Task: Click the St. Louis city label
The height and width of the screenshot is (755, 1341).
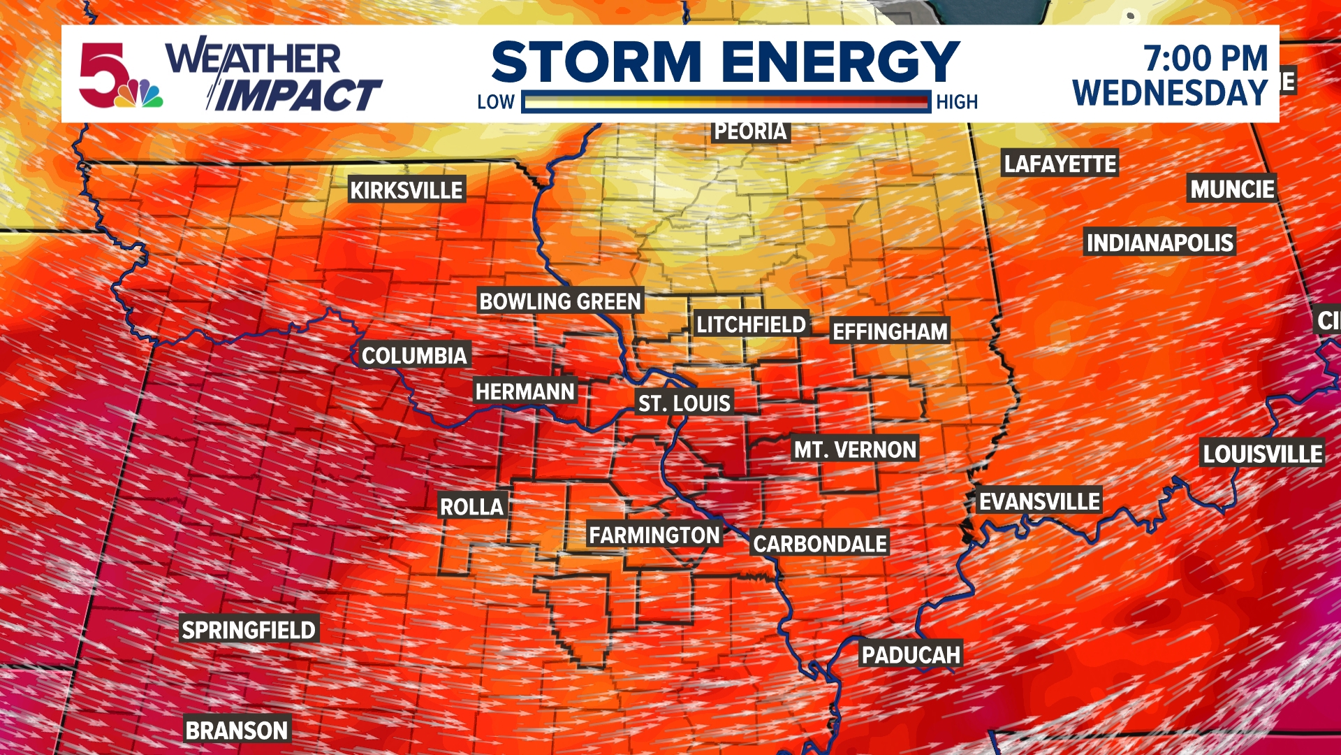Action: [x=684, y=403]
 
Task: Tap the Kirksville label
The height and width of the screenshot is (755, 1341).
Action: [x=406, y=190]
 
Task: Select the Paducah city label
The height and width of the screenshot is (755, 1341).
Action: [x=911, y=655]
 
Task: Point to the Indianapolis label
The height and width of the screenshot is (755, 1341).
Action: [x=1159, y=243]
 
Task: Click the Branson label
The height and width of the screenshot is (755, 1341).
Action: [x=237, y=731]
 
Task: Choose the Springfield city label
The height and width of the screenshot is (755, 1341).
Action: [x=249, y=630]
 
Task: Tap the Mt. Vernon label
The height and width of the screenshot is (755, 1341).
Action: [x=855, y=450]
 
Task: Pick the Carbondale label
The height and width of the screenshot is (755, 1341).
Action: [x=820, y=544]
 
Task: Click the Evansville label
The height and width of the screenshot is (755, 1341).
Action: [x=1039, y=501]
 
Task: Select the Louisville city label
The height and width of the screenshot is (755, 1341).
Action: [x=1262, y=454]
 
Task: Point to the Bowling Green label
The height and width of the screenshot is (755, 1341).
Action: [x=559, y=301]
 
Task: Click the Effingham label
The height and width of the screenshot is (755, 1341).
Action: [x=890, y=331]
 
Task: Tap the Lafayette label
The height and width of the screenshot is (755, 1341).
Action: [x=1060, y=164]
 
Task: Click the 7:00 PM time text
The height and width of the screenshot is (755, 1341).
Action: [x=1205, y=58]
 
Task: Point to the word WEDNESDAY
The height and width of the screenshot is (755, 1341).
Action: [x=1170, y=93]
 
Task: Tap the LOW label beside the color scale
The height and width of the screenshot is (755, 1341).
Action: [x=496, y=102]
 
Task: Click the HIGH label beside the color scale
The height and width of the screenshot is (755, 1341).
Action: [x=957, y=102]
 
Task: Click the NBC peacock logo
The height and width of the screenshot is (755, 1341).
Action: [x=139, y=94]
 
